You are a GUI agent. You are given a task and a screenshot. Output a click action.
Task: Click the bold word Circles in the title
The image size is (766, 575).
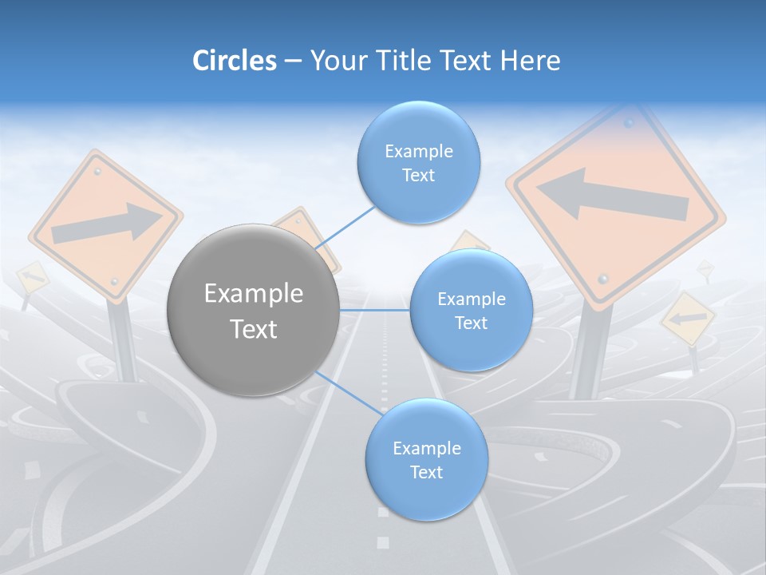click(x=235, y=61)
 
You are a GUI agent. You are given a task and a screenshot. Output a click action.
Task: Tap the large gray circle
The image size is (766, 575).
click(x=253, y=310)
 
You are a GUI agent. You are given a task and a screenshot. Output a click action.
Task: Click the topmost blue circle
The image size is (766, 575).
click(x=419, y=162)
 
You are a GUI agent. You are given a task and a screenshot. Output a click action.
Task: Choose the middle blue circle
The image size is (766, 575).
click(x=471, y=310)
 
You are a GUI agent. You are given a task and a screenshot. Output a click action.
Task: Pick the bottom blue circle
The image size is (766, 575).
click(x=426, y=459)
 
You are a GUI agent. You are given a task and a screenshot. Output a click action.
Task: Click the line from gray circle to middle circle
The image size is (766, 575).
click(x=374, y=310)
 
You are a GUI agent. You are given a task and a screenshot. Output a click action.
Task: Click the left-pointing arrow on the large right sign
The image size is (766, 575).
click(x=610, y=196)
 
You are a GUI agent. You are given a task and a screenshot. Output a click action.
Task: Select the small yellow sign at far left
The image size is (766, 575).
click(x=31, y=276)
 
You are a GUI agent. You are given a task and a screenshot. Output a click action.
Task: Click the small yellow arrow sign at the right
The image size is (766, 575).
click(x=686, y=318)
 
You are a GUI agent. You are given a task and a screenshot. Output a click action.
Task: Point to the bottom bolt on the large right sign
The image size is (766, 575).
click(x=604, y=278)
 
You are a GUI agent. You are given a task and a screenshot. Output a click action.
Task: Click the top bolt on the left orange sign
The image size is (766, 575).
click(x=97, y=171)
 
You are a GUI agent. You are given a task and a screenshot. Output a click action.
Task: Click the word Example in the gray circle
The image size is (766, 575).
click(x=253, y=294)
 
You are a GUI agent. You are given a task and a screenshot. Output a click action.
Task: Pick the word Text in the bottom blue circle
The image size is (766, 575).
click(x=426, y=472)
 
